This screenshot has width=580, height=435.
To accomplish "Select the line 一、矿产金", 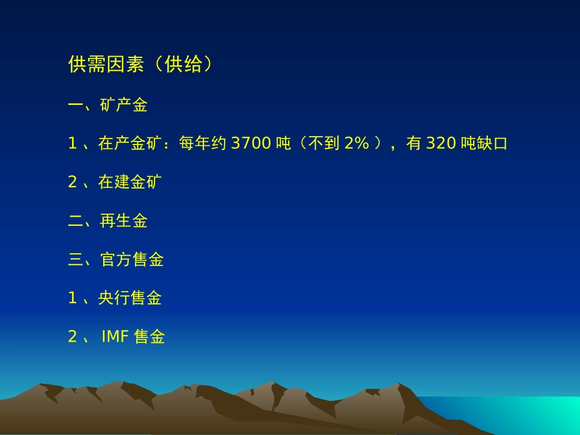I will (x=108, y=105).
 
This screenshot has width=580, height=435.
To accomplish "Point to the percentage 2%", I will (x=357, y=144).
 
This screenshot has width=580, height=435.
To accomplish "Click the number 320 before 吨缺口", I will (x=441, y=144).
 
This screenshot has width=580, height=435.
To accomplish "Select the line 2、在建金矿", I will (x=115, y=182).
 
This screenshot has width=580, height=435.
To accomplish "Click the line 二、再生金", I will (x=108, y=221).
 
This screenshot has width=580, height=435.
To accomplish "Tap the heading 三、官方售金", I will (x=116, y=260).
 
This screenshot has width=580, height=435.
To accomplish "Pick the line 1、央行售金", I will (x=115, y=298).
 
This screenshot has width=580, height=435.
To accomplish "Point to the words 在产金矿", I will (x=130, y=144).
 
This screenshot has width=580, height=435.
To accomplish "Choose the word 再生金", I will (x=124, y=221).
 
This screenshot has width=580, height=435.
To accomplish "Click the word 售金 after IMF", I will (x=149, y=337).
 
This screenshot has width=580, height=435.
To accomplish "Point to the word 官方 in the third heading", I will (x=116, y=260).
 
